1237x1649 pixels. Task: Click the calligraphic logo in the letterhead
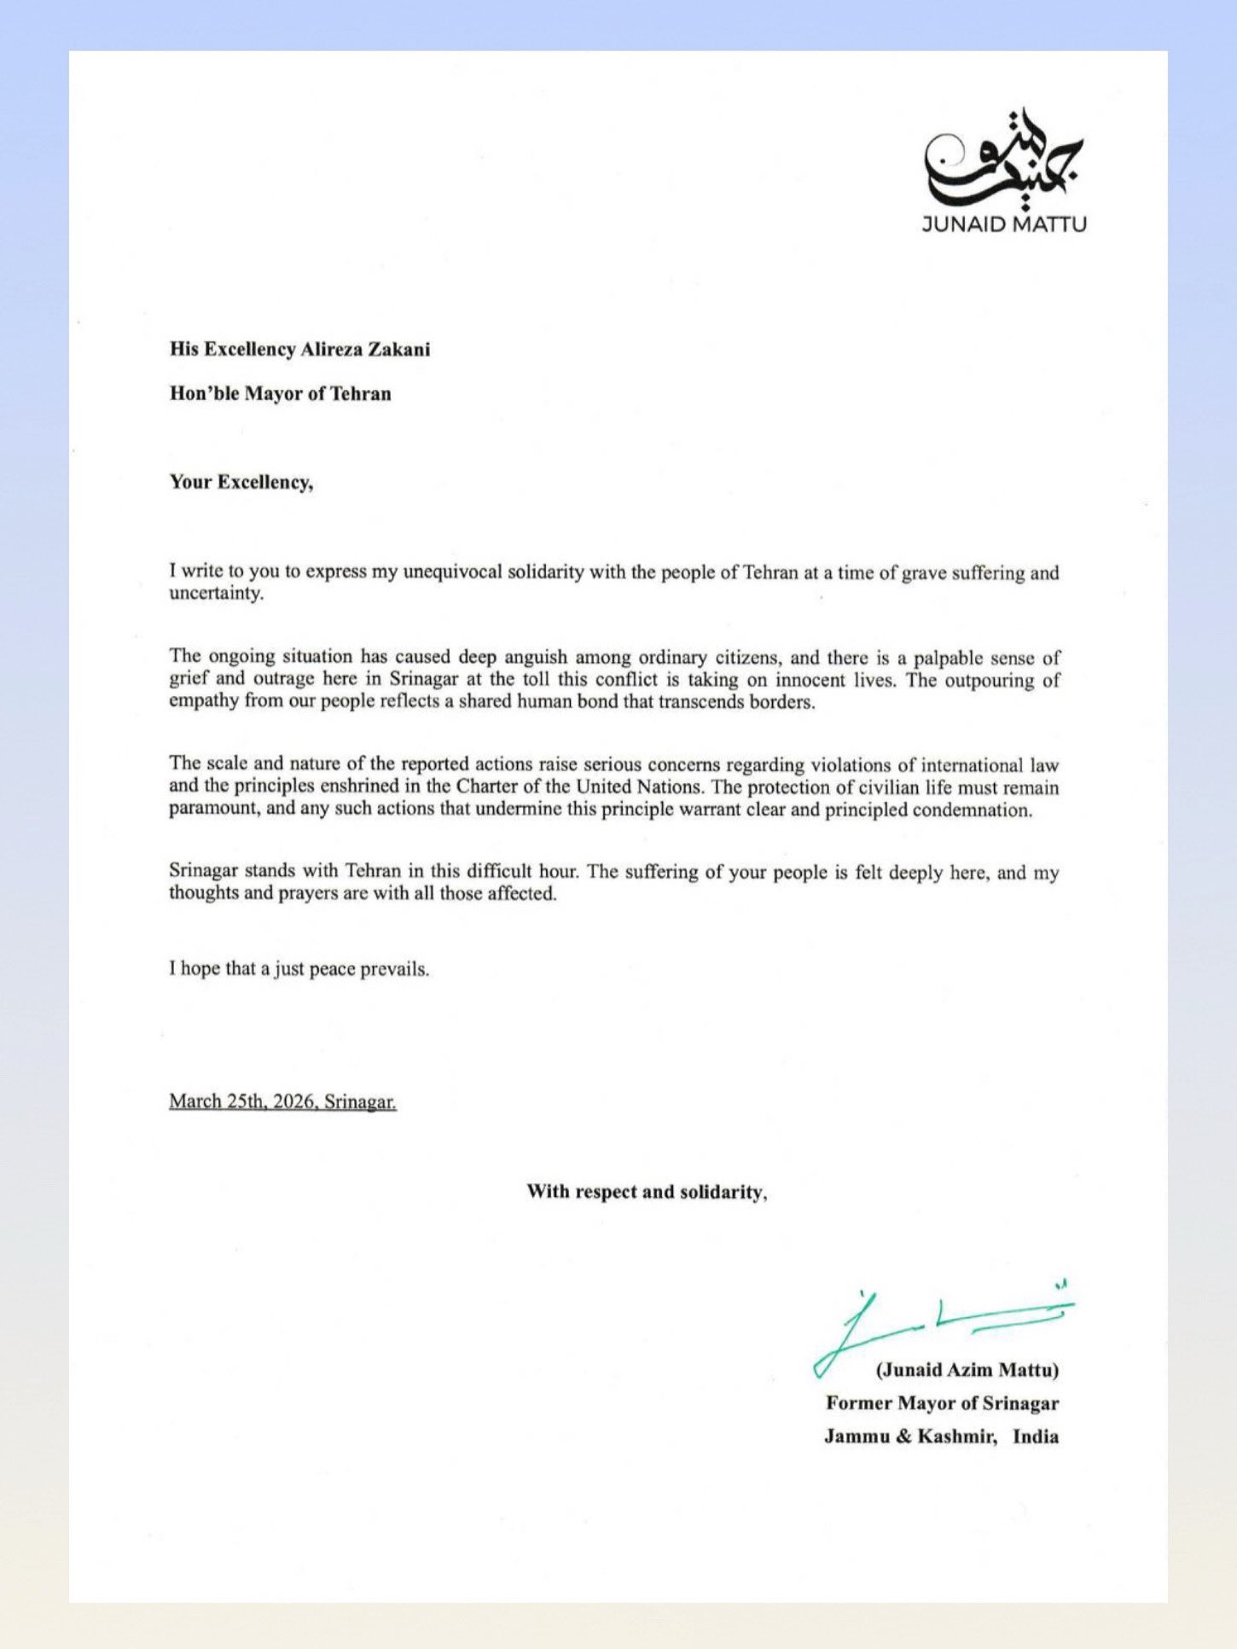coord(1003,158)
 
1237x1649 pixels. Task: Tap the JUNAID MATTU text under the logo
coord(1004,224)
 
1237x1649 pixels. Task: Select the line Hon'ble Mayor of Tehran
coord(280,393)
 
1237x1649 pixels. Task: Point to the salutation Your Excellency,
coord(241,482)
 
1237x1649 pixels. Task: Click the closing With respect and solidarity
coord(647,1192)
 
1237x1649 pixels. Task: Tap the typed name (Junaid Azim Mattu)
coord(967,1370)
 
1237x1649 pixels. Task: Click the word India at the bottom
coord(1036,1436)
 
